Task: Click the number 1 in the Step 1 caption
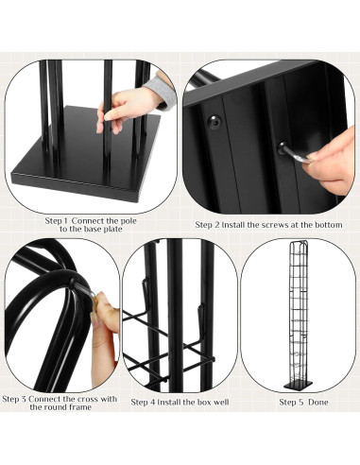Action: pyautogui.click(x=67, y=219)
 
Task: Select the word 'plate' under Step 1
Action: pyautogui.click(x=116, y=229)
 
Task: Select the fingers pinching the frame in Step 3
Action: pyautogui.click(x=107, y=317)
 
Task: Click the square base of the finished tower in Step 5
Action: pyautogui.click(x=298, y=387)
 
